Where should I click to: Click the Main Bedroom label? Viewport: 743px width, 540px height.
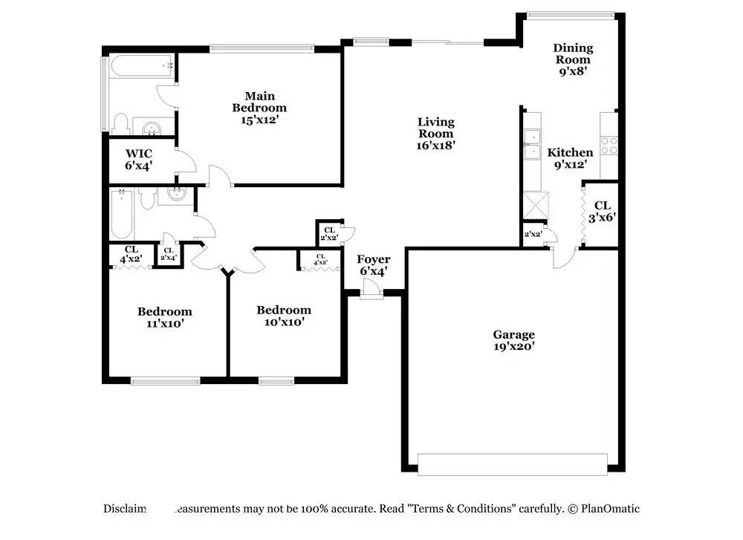260,107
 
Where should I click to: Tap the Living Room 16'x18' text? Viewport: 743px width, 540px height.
435,134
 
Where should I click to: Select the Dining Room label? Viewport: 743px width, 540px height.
573,59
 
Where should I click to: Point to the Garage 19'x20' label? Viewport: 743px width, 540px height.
514,340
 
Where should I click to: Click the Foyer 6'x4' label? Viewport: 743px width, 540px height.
374,265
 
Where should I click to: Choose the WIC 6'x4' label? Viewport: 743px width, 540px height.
138,159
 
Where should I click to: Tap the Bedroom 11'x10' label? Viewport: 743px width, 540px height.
164,317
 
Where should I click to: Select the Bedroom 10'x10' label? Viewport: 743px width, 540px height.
284,316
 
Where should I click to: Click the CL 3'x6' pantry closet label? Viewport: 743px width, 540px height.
602,211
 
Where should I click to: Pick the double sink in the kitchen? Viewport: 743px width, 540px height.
533,144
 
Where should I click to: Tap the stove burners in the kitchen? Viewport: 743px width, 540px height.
609,145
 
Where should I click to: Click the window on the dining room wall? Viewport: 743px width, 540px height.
570,14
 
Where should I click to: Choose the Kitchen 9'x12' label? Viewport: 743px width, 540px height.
570,158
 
